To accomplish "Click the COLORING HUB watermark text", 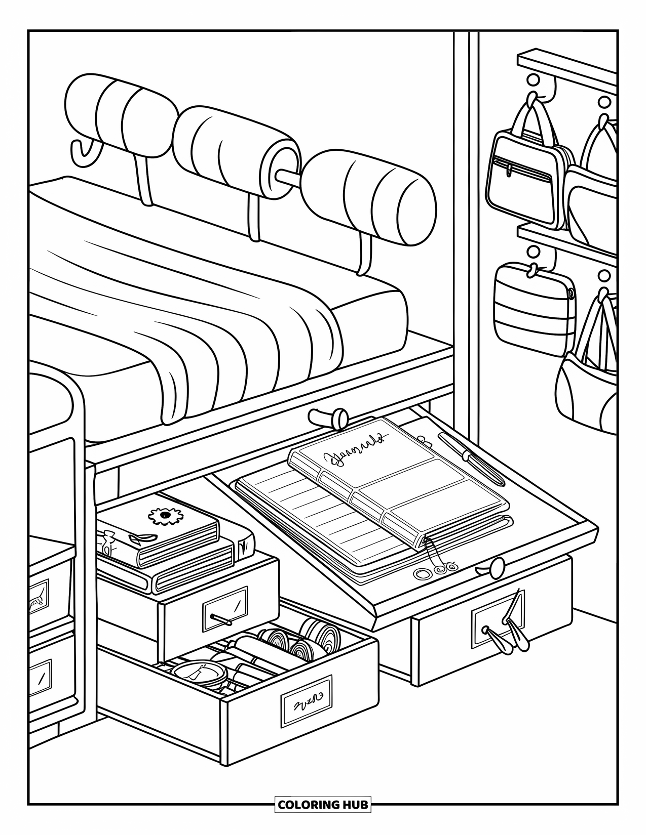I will (x=323, y=804).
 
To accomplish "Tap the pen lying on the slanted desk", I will (x=470, y=456).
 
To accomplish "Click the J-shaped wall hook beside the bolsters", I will (x=84, y=152).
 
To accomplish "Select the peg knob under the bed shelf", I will (x=328, y=418).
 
